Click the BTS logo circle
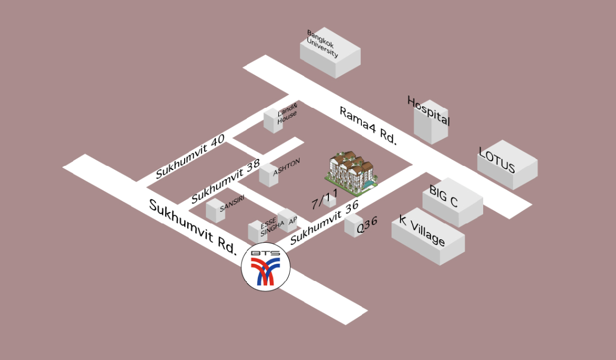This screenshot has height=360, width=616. (x=266, y=267)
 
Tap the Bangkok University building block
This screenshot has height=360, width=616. (x=330, y=53)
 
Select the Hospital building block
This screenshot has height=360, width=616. (x=431, y=122)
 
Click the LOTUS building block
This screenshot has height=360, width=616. (x=507, y=165)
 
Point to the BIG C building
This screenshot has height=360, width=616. (x=452, y=202)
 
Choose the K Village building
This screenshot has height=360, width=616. (x=428, y=236)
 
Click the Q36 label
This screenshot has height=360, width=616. (x=367, y=225)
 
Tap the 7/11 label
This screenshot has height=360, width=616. (x=325, y=199)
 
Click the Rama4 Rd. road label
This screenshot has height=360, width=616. (x=368, y=126)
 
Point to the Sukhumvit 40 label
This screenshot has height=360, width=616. (x=190, y=156)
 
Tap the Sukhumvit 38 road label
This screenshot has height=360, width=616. (x=226, y=181)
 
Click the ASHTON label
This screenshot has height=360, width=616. (x=287, y=167)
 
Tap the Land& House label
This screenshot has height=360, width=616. (x=287, y=114)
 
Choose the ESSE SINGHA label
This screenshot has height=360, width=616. (x=272, y=228)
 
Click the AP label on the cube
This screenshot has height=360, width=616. (x=293, y=221)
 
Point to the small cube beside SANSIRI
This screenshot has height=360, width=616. (x=215, y=211)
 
